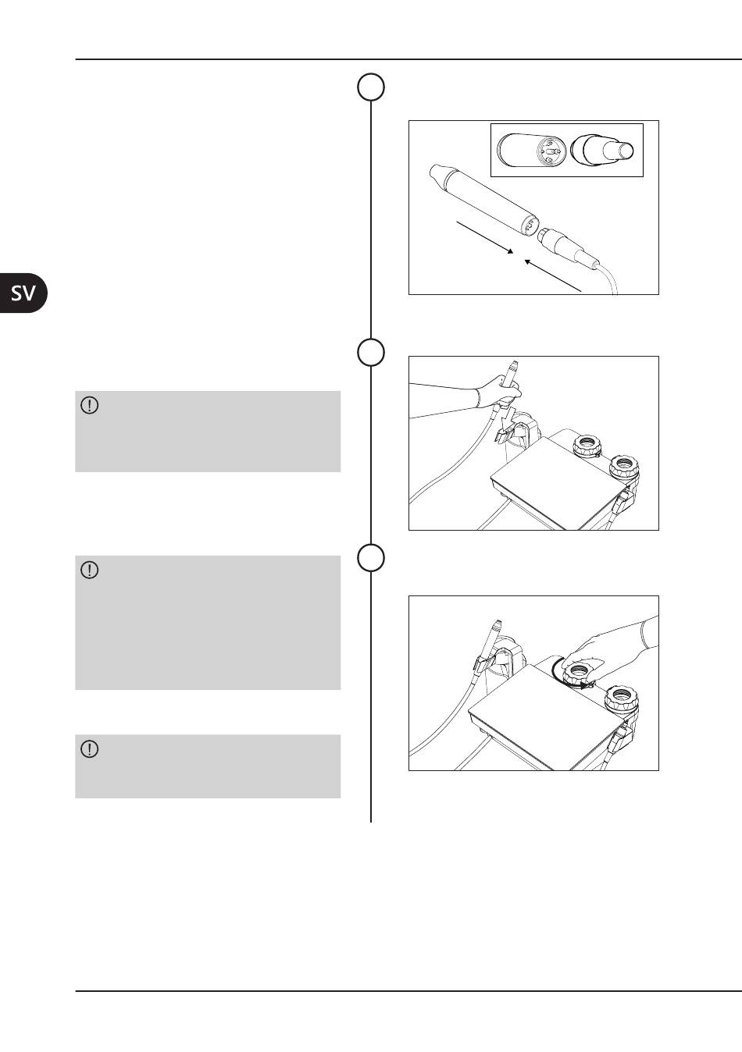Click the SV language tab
point(23,293)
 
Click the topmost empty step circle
point(371,87)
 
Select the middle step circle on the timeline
point(371,352)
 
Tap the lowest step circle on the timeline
point(371,558)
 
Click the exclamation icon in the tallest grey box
point(90,570)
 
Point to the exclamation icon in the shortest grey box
point(90,749)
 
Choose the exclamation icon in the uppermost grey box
point(90,405)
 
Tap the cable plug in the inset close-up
point(602,151)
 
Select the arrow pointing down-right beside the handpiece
point(485,238)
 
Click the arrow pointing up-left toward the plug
point(553,275)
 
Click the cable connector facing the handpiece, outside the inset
point(567,246)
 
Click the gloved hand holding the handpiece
point(498,392)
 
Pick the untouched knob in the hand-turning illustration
point(621,699)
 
